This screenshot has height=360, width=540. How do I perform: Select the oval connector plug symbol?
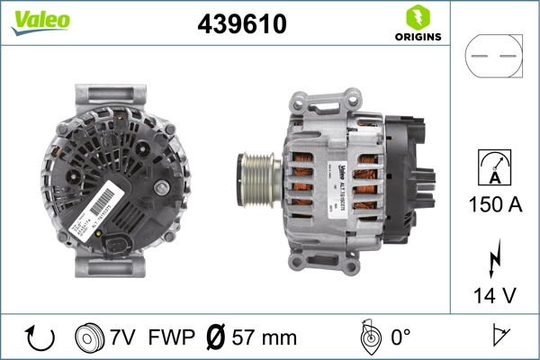pyautogui.click(x=492, y=56)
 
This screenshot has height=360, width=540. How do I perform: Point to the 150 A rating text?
pyautogui.click(x=493, y=204)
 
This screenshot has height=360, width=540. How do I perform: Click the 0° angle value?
pyautogui.click(x=402, y=338)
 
